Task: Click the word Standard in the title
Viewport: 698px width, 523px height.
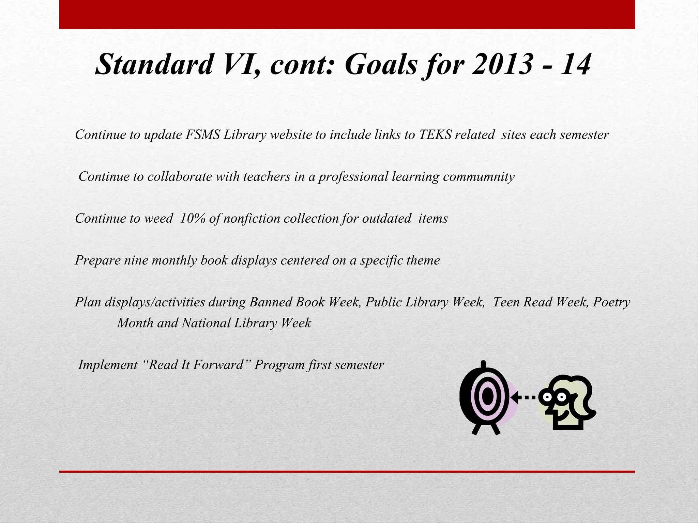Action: (x=154, y=65)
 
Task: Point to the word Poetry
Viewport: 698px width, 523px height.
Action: (x=611, y=302)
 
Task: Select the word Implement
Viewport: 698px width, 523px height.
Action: (x=108, y=365)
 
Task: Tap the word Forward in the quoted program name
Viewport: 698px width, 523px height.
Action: (x=218, y=365)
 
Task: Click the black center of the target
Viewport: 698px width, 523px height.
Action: (x=488, y=397)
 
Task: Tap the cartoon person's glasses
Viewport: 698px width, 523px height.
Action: (x=554, y=397)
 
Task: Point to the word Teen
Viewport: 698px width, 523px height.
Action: (x=506, y=302)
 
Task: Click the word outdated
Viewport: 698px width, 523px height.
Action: (x=386, y=218)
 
